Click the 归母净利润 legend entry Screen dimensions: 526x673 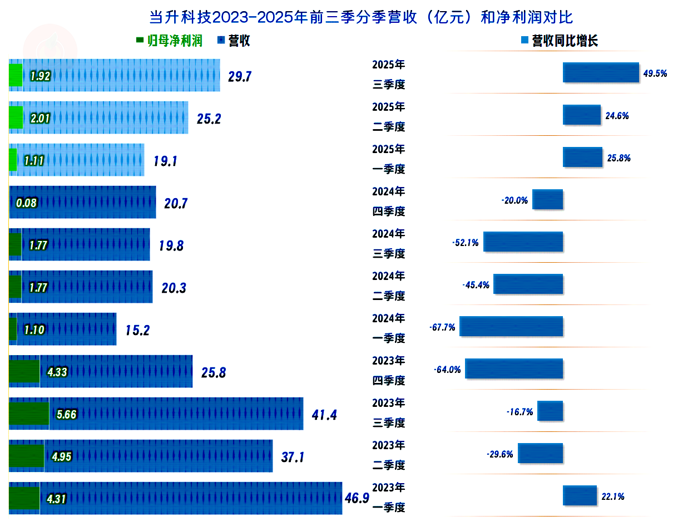tap(170, 41)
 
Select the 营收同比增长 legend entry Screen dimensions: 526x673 tap(558, 41)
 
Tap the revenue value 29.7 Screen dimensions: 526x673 tap(240, 76)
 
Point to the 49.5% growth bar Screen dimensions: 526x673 tap(601, 72)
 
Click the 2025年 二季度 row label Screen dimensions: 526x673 tap(388, 117)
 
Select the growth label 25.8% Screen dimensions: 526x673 tap(619, 158)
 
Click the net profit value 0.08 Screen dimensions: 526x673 tap(27, 203)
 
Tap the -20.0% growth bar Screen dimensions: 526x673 tap(547, 199)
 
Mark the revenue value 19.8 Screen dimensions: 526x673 tap(171, 245)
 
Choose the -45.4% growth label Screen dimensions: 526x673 tap(476, 285)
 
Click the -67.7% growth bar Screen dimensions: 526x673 tap(511, 326)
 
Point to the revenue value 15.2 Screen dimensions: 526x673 tap(137, 330)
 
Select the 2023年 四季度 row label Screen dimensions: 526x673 tap(388, 371)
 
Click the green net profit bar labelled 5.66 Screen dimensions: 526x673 tap(29, 414)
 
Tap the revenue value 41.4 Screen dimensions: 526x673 tap(324, 415)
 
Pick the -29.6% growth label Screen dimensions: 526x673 tap(501, 454)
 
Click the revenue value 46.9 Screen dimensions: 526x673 tap(357, 498)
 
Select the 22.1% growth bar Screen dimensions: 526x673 tap(580, 495)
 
